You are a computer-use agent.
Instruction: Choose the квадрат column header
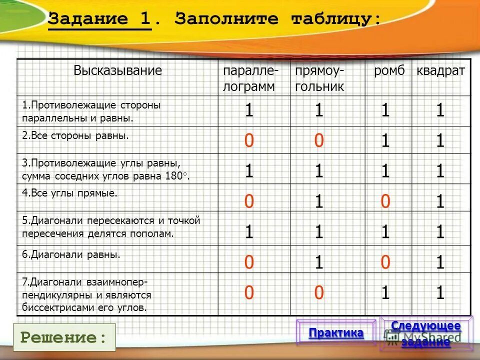point(440,70)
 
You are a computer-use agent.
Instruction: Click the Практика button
point(336,333)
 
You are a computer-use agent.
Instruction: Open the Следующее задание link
point(425,333)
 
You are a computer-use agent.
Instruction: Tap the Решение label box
point(64,337)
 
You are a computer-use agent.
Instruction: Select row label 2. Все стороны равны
point(75,135)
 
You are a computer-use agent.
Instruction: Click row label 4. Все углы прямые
point(69,193)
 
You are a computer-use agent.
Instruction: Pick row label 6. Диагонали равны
point(71,254)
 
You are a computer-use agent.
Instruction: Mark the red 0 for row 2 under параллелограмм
point(248,141)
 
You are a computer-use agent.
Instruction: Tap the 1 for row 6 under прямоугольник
point(318,262)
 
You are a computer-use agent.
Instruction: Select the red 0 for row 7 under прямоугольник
point(318,293)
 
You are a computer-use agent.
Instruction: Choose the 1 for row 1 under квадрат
point(440,111)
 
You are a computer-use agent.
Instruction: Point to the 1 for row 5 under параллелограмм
point(248,232)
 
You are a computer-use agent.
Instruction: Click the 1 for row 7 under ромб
point(384,293)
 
